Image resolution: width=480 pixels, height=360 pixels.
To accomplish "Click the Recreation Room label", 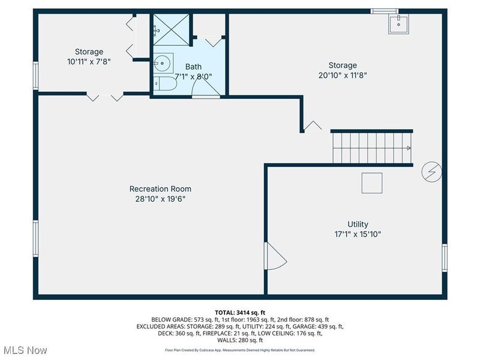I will click(160, 188).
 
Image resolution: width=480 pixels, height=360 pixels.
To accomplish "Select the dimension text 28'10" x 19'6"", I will click(160, 199).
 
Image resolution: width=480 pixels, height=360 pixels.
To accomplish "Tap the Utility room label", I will click(358, 224).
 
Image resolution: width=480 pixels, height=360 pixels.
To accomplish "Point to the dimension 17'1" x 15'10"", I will click(358, 234).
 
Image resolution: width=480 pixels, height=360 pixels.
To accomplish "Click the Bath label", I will click(193, 67).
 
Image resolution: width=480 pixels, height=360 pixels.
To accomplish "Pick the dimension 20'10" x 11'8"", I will click(342, 76).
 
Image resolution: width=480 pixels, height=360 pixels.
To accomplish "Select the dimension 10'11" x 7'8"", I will click(89, 61).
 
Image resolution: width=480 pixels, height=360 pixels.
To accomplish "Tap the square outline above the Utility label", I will click(372, 183).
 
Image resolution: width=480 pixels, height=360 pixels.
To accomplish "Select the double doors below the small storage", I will click(106, 96).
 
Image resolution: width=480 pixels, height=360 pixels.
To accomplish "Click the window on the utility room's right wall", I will click(445, 258).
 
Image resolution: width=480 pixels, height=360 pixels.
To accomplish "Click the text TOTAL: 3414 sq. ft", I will click(240, 313).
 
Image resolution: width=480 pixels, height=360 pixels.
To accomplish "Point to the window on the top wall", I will click(384, 11).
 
